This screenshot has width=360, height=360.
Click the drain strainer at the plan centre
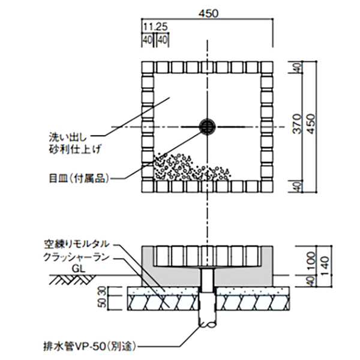(208, 127)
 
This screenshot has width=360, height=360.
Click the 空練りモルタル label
(76, 244)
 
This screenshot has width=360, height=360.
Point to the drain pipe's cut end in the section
(208, 325)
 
